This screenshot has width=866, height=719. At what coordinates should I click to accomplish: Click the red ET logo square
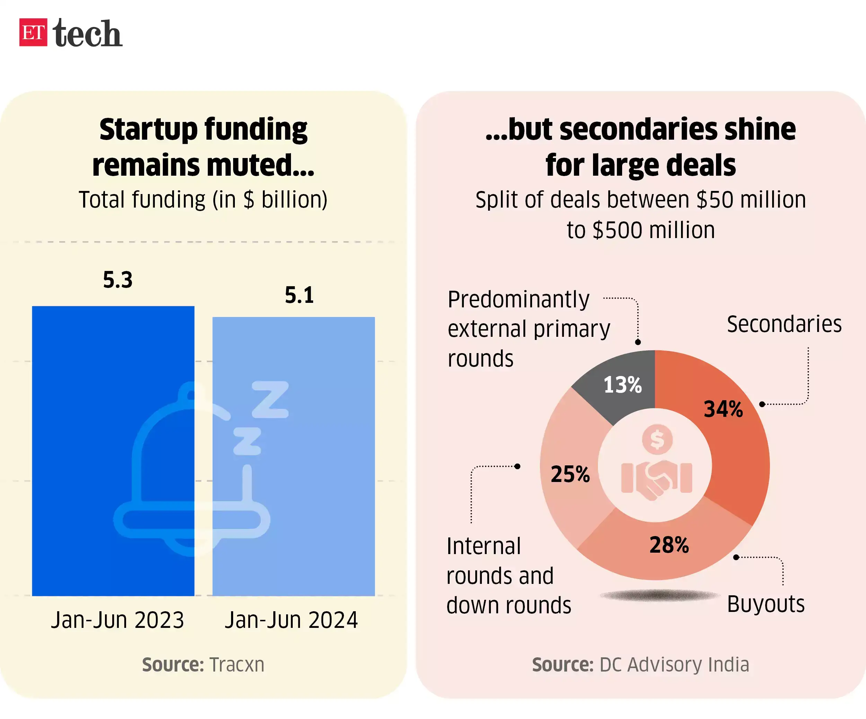pos(33,32)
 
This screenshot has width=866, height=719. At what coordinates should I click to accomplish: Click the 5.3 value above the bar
pos(117,280)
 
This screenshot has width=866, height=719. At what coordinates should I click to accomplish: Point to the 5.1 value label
pos(299,295)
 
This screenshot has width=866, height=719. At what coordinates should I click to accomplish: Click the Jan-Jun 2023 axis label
pos(117,620)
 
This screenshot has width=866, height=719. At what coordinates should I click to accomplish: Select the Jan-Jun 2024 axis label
pos(291,620)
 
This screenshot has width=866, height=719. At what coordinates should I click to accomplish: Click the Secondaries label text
pos(784,324)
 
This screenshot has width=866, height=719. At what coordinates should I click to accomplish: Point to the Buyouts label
pos(766,604)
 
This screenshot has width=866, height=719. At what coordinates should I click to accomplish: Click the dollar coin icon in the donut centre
pos(657,439)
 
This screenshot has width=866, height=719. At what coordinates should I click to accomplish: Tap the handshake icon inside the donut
pos(656,479)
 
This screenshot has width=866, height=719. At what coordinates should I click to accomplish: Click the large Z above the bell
pos(270,399)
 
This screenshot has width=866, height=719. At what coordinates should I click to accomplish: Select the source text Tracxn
pos(237,665)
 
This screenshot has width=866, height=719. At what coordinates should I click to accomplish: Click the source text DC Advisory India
pos(674,665)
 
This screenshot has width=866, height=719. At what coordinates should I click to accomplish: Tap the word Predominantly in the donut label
pos(518,299)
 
